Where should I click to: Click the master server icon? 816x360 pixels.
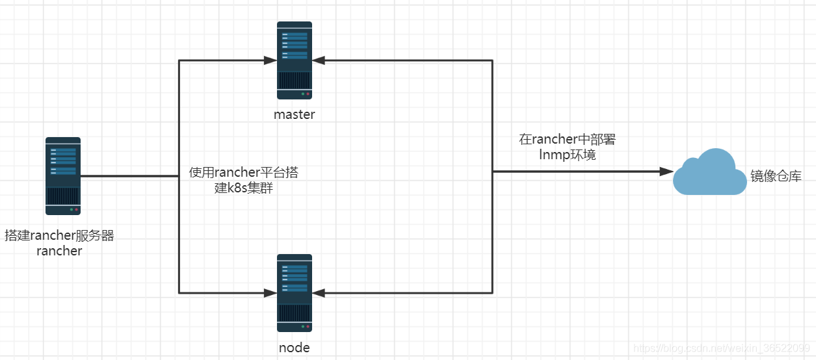295,60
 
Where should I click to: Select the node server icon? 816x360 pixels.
295,293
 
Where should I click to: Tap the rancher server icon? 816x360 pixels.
63,176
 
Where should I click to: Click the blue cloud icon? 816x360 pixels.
709,172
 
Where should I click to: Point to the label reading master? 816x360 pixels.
295,114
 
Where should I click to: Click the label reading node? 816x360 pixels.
295,348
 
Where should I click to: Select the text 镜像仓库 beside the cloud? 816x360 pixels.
776,176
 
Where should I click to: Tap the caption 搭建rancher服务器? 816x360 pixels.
59,235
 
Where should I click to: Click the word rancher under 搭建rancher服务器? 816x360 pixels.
59,251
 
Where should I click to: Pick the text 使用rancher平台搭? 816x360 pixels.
244,172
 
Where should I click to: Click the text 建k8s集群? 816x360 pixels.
244,188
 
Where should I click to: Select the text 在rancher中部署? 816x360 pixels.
567,140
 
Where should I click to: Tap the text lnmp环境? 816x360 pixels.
567,155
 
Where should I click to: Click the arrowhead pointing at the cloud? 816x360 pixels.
666,172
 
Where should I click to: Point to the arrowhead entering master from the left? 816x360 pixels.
270,60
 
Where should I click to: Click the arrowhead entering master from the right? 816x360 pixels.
319,60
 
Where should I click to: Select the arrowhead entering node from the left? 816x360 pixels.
270,293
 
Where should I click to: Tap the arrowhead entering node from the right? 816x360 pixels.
319,293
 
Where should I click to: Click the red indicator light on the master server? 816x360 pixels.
308,94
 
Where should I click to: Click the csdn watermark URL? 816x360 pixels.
722,348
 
